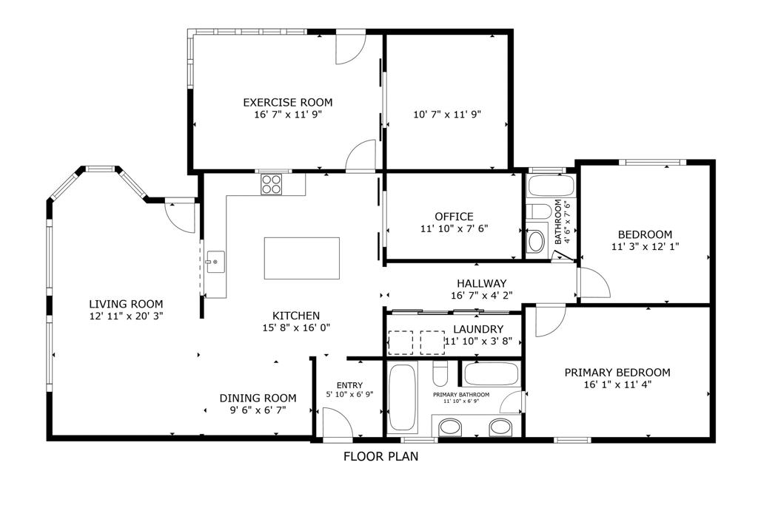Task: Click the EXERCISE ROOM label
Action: [288, 102]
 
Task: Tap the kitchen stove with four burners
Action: [271, 184]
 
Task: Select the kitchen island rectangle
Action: [302, 258]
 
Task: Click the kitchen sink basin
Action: [215, 262]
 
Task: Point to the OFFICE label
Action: [454, 217]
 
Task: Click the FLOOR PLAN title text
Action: [381, 456]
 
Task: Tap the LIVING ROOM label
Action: [126, 304]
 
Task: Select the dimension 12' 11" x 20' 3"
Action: [126, 316]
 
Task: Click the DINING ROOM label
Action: [258, 399]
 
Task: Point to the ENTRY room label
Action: [349, 385]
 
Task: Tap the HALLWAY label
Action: [482, 283]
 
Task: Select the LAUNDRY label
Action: [478, 329]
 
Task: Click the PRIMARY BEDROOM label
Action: [617, 373]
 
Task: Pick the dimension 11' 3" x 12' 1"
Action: [645, 246]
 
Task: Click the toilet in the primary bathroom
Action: [440, 373]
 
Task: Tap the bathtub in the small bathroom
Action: [551, 186]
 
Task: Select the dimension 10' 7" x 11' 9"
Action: [447, 115]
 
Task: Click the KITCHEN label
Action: [296, 316]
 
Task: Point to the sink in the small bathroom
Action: [536, 241]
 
